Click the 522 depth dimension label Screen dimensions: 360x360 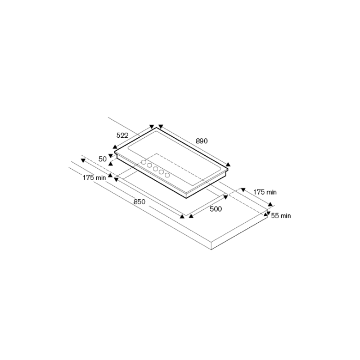[123, 136]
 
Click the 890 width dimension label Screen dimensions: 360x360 [201, 141]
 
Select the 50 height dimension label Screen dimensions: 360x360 [102, 159]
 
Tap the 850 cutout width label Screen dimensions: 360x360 [139, 201]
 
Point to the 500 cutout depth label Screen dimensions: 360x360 [216, 209]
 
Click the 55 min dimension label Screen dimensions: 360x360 [281, 216]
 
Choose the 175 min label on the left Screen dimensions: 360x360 [94, 178]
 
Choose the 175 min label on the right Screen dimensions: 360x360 [265, 192]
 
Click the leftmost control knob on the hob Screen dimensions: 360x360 [144, 162]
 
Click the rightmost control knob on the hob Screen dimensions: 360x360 [168, 175]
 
